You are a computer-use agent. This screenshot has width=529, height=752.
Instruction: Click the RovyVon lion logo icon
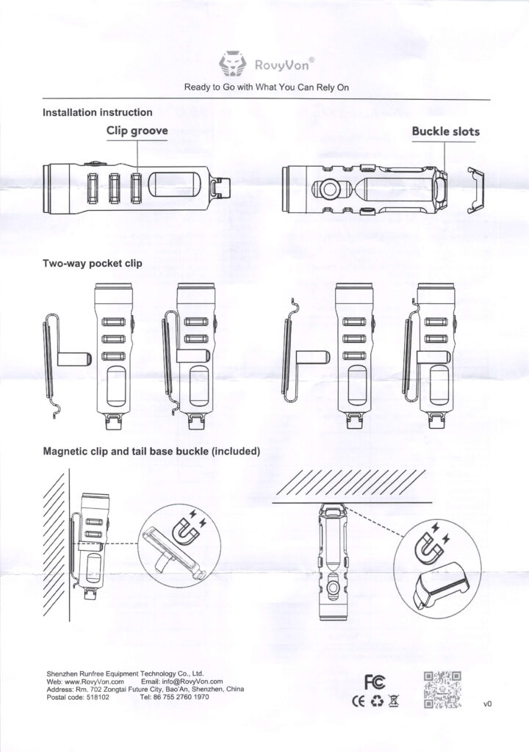(x=234, y=65)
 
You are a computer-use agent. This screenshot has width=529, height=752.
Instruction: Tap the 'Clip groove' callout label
(x=138, y=131)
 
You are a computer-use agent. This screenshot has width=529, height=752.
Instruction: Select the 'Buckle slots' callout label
(x=445, y=131)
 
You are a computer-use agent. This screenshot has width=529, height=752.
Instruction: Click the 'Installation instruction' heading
(x=98, y=112)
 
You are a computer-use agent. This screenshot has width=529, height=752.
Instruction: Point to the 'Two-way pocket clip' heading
(x=93, y=263)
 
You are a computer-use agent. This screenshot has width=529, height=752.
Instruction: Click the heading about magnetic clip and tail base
(x=151, y=451)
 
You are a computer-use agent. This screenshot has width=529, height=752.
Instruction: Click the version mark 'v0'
(x=487, y=704)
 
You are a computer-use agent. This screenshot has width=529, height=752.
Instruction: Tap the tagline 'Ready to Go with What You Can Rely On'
(x=266, y=87)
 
